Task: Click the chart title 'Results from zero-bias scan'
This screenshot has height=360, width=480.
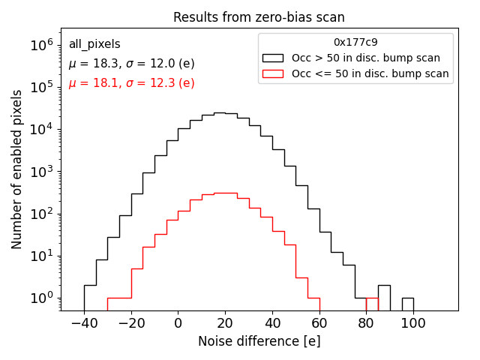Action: (x=259, y=17)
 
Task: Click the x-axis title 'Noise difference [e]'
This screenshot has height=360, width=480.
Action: (x=259, y=341)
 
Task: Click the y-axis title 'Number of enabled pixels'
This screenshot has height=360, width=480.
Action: (x=17, y=169)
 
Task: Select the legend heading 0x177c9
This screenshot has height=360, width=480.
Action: (x=355, y=43)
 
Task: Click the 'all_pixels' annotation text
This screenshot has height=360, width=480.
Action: (x=94, y=44)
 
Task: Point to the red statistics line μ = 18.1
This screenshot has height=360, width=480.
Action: (x=131, y=83)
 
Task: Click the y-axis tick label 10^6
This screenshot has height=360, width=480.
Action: (x=42, y=45)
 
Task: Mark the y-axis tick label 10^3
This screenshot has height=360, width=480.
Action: (x=42, y=172)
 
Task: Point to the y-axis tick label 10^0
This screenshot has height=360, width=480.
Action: (x=42, y=298)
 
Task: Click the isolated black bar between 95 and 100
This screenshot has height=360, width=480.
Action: (x=408, y=304)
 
